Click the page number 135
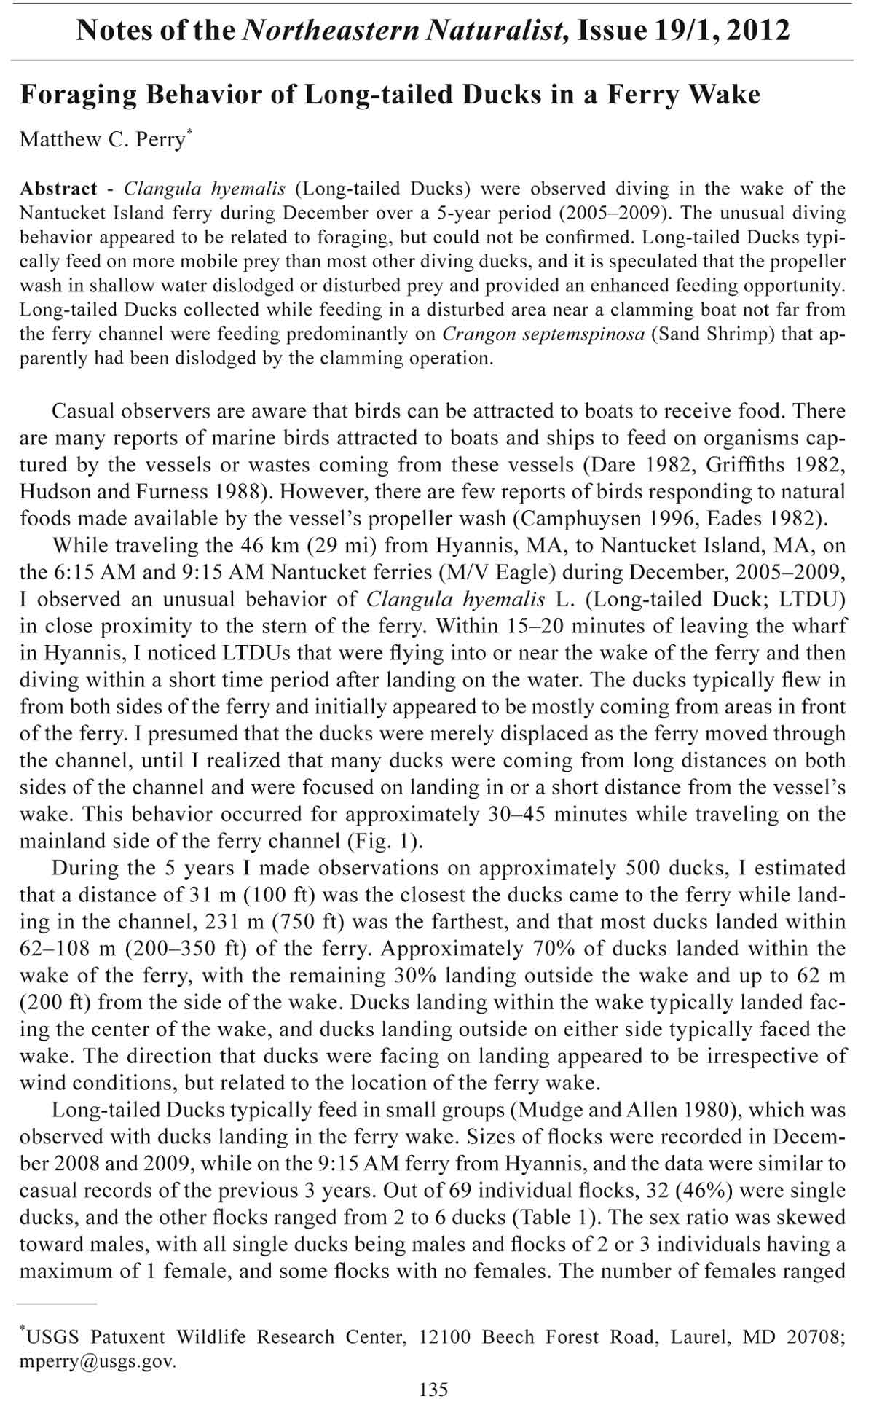(434, 1390)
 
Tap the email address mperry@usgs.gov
(98, 1362)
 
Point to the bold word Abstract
(58, 189)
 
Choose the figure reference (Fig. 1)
(383, 841)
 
